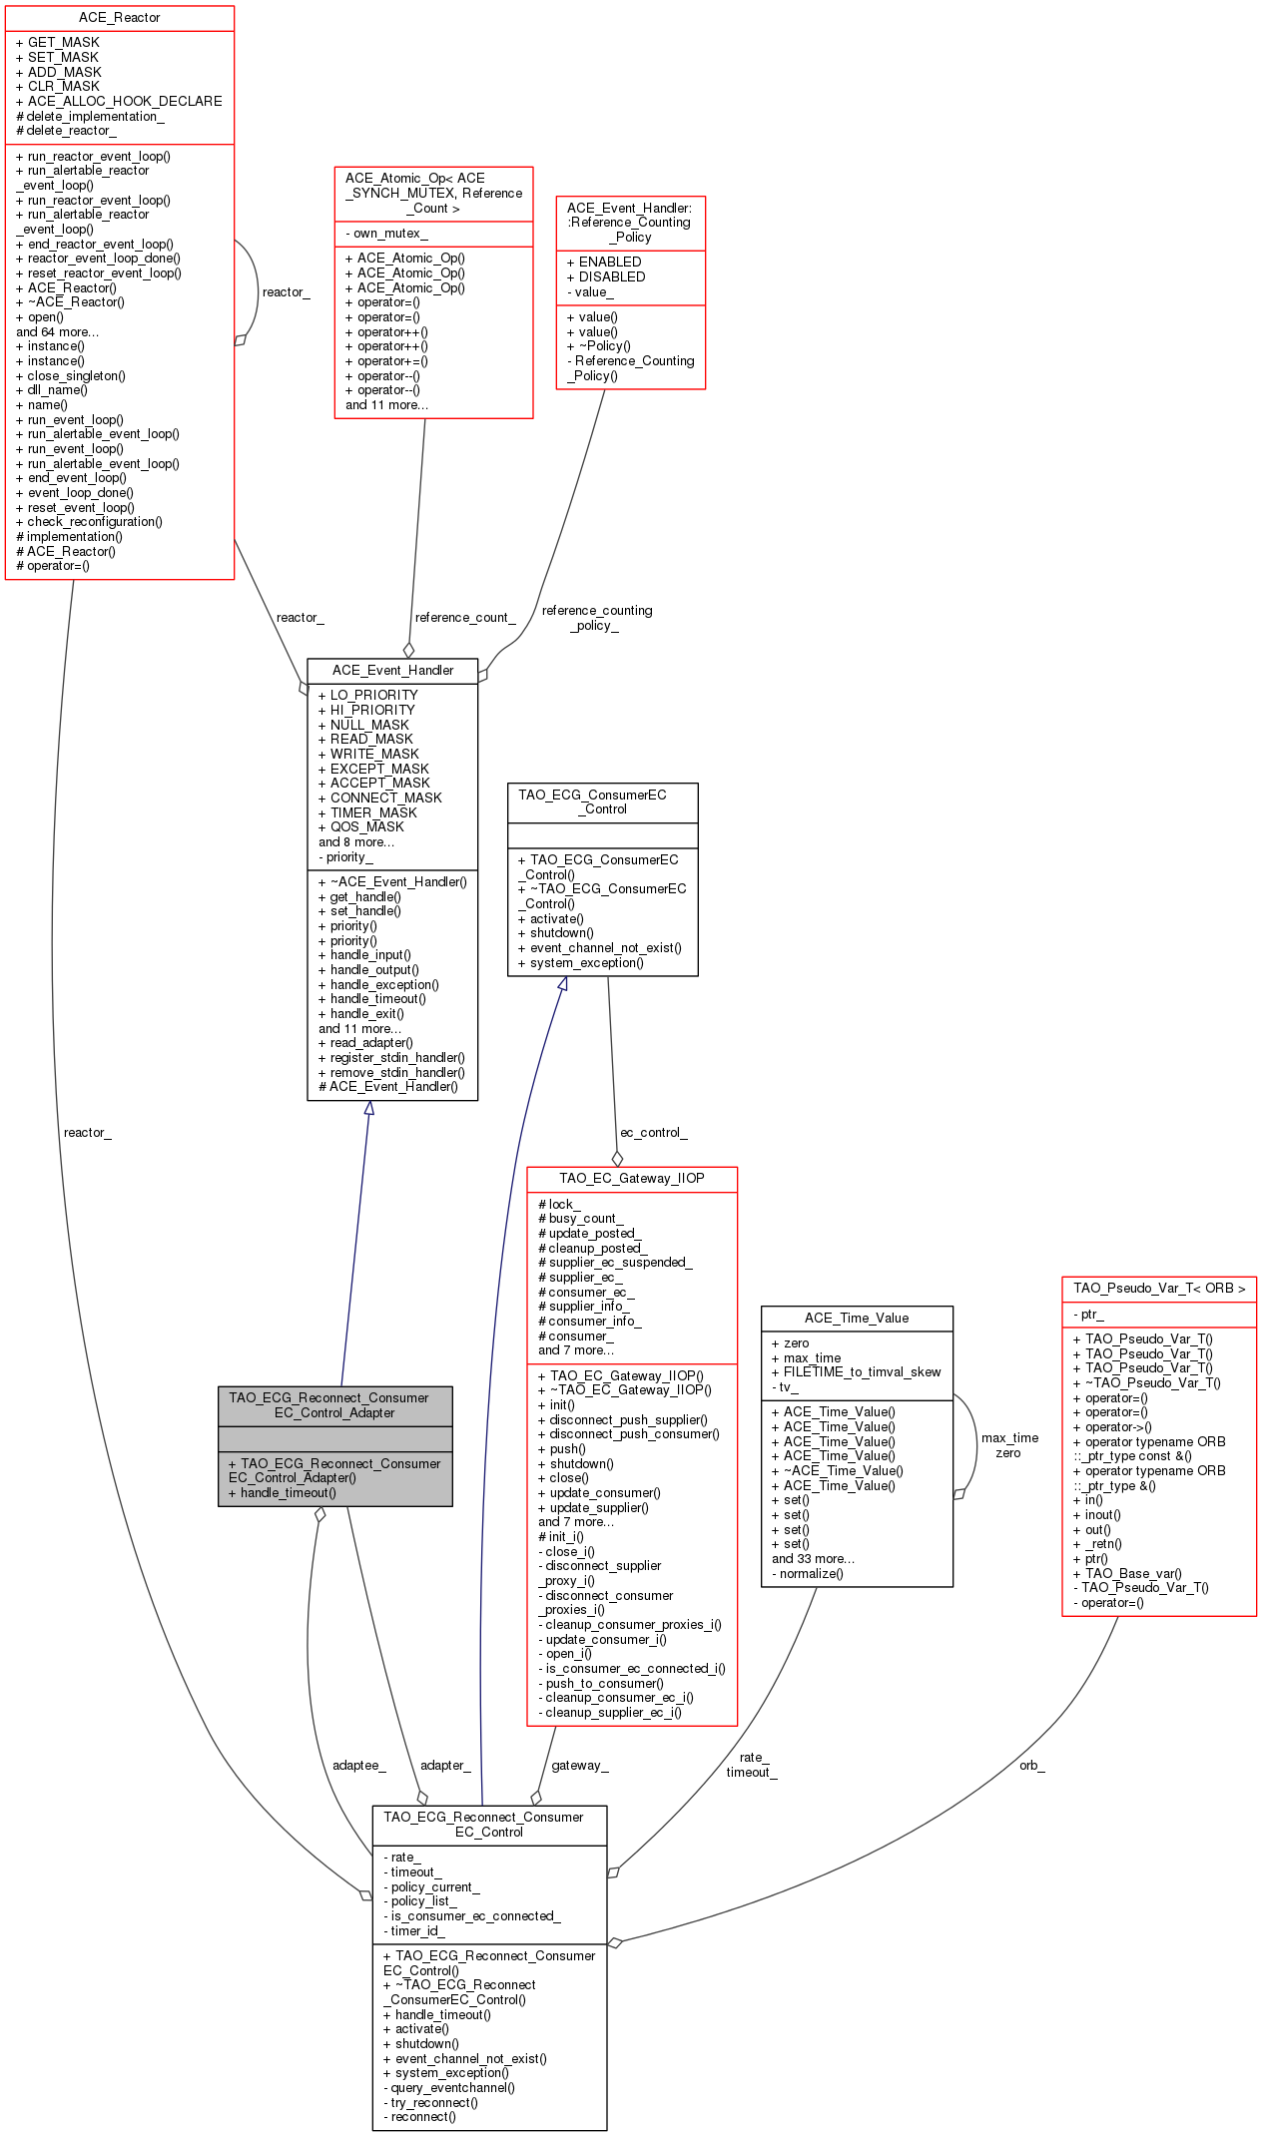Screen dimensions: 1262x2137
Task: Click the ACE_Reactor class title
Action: tap(119, 18)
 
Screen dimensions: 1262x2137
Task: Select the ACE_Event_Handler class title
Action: tap(392, 671)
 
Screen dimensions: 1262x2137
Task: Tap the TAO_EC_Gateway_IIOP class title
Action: tap(632, 1179)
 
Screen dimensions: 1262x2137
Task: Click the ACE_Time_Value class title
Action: tap(857, 1319)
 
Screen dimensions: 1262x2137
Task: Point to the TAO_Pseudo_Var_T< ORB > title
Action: tap(1159, 1289)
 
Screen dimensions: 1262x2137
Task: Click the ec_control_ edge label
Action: tap(654, 1133)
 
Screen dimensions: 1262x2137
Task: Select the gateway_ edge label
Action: tap(580, 1766)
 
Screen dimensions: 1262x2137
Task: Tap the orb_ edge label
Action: tap(1032, 1766)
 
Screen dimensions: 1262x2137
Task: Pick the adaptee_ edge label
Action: tap(359, 1766)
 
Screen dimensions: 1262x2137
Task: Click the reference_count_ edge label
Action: tap(465, 618)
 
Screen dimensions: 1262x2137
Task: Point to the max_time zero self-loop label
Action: tap(1009, 1445)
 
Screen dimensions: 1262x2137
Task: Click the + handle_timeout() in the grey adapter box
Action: tap(283, 1493)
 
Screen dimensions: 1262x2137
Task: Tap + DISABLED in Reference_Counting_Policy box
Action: tap(606, 277)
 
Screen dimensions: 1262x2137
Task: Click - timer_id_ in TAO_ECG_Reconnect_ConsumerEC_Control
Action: tap(413, 1931)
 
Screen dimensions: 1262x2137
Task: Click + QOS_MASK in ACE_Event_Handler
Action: tap(360, 827)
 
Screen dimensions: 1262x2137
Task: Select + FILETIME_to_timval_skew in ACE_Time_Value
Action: tap(857, 1372)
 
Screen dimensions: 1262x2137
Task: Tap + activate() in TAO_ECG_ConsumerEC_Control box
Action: tap(551, 919)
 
